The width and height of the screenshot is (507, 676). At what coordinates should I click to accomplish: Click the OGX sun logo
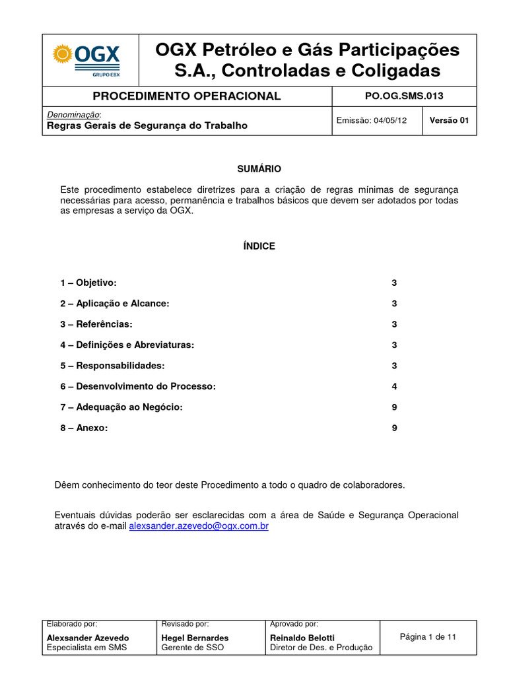pyautogui.click(x=64, y=53)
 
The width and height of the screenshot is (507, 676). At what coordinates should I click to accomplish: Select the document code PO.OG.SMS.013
pyautogui.click(x=404, y=96)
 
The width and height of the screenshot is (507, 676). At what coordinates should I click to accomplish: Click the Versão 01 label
pyautogui.click(x=449, y=120)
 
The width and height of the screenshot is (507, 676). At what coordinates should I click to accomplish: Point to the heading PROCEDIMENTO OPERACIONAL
pyautogui.click(x=186, y=96)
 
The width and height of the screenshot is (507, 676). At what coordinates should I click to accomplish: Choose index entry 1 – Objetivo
pyautogui.click(x=88, y=283)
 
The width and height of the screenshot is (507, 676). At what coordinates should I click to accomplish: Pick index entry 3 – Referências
pyautogui.click(x=96, y=324)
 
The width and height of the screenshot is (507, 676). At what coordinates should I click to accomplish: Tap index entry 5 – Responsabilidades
pyautogui.click(x=112, y=365)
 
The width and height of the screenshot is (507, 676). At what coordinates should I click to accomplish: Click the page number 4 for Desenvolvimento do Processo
pyautogui.click(x=394, y=386)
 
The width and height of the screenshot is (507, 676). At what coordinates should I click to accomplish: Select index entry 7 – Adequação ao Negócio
pyautogui.click(x=121, y=407)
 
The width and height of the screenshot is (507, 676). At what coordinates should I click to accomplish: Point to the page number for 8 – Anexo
pyautogui.click(x=394, y=428)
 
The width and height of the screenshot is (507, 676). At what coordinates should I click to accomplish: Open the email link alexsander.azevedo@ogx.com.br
pyautogui.click(x=199, y=526)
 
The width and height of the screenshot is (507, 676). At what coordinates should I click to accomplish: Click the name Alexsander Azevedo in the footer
pyautogui.click(x=88, y=638)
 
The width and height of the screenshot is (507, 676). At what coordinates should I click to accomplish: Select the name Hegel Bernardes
pyautogui.click(x=195, y=638)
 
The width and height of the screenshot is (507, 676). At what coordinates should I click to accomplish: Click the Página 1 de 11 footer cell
pyautogui.click(x=428, y=637)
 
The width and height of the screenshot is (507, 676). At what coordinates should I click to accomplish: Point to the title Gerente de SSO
pyautogui.click(x=192, y=648)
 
